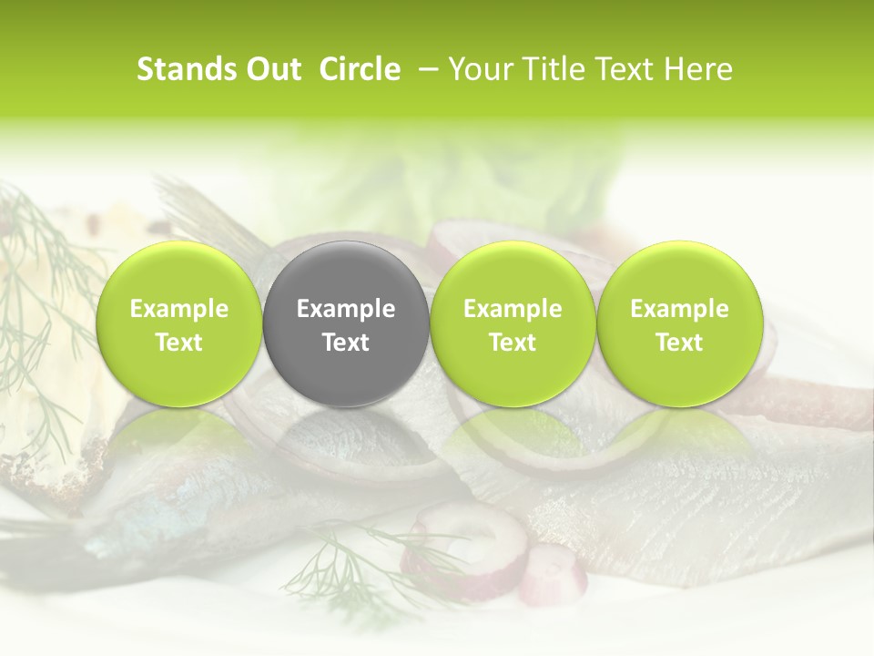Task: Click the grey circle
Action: (x=346, y=323)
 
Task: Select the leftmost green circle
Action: (x=179, y=323)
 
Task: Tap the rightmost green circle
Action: (x=679, y=323)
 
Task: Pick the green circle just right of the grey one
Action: (x=513, y=323)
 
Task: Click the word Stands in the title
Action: (x=186, y=70)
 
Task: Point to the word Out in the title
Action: (x=272, y=70)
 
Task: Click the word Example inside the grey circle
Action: (x=346, y=309)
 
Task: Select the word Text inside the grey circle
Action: (x=346, y=343)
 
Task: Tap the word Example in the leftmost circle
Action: (x=179, y=309)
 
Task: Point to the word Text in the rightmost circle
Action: (x=679, y=343)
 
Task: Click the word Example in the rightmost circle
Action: (x=679, y=309)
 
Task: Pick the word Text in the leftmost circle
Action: (x=179, y=343)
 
